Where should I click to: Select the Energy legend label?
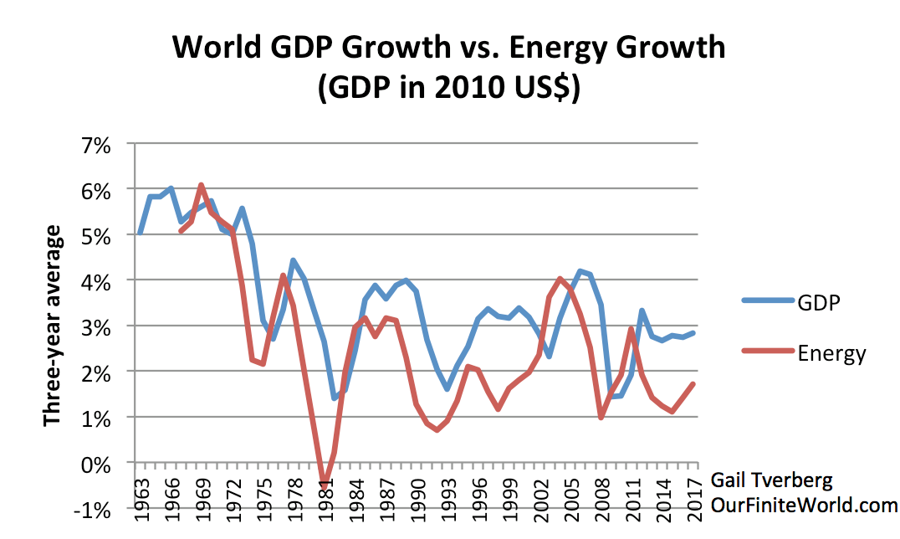tap(831, 354)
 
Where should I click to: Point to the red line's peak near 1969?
tap(201, 185)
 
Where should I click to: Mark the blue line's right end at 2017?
tap(693, 332)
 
